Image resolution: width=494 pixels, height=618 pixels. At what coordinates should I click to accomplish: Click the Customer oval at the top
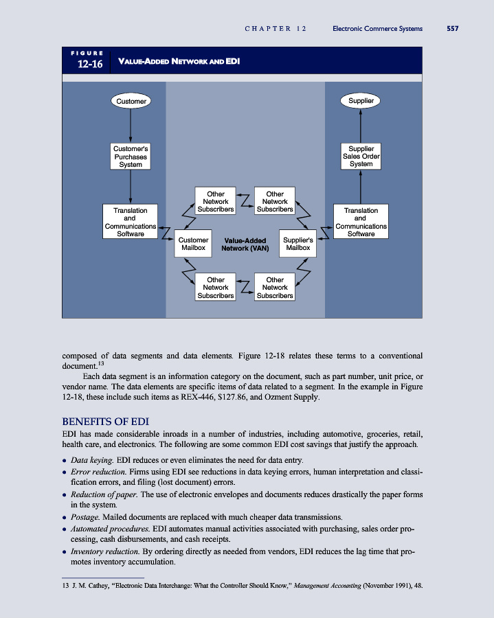(131, 101)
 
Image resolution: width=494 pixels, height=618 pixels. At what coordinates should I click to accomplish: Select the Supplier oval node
(361, 100)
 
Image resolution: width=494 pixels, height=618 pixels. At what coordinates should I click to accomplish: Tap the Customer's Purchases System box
(131, 157)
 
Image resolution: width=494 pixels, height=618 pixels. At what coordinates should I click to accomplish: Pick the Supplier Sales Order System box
(361, 156)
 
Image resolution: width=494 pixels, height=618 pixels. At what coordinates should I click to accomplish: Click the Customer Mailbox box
(193, 244)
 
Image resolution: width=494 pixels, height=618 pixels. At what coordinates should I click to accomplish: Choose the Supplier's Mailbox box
(297, 244)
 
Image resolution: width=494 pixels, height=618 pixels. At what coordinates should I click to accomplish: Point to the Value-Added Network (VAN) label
(245, 244)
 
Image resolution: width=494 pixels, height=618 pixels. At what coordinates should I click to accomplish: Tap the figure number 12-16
(91, 65)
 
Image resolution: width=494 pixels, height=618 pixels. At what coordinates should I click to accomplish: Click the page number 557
(452, 29)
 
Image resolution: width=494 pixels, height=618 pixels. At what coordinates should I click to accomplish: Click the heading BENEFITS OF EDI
(106, 421)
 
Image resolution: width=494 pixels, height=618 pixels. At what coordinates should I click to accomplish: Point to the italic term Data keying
(91, 459)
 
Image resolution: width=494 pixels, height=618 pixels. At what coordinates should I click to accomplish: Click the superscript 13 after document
(101, 362)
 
